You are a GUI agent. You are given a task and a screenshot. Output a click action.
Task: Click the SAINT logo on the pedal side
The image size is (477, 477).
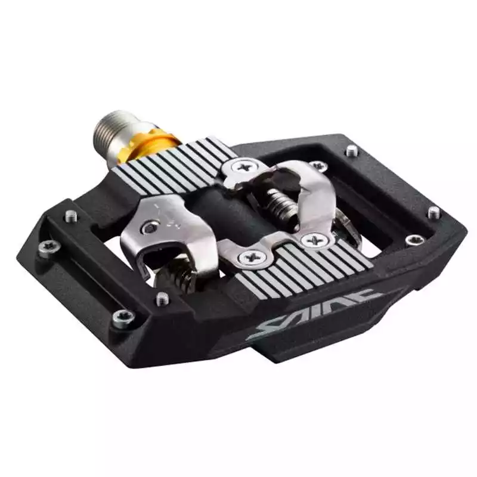click(x=314, y=314)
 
